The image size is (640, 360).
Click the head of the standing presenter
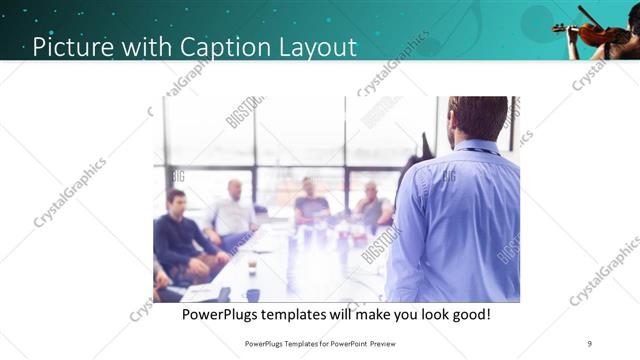click(x=478, y=117)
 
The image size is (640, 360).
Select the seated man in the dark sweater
click(x=178, y=236)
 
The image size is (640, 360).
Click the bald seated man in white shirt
click(x=233, y=211)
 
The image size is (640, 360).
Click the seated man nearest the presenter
click(x=373, y=206)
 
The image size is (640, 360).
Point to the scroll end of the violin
click(x=557, y=28)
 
